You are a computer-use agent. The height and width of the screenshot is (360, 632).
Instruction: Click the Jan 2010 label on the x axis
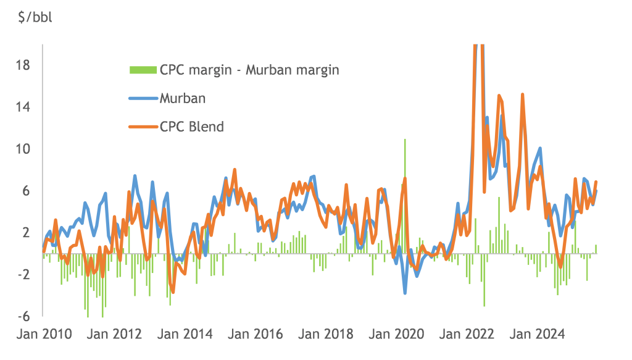pos(43,335)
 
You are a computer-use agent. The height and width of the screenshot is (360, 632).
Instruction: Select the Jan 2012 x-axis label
pos(115,335)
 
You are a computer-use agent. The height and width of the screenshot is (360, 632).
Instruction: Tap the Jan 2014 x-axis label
pos(185,335)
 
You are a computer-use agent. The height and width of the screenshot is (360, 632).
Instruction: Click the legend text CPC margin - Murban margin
pos(249,69)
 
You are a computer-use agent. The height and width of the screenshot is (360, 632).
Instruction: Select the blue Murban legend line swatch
pos(143,98)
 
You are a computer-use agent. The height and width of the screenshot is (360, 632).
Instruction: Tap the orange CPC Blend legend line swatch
pos(143,127)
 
